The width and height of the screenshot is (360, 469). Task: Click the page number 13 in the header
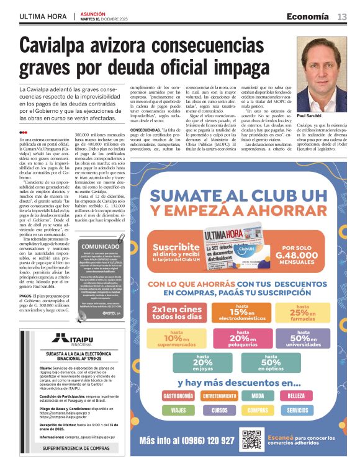342,17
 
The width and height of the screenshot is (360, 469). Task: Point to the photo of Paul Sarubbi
322,73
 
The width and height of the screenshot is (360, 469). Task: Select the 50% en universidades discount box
302,337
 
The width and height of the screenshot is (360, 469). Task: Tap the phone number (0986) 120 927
187,440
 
